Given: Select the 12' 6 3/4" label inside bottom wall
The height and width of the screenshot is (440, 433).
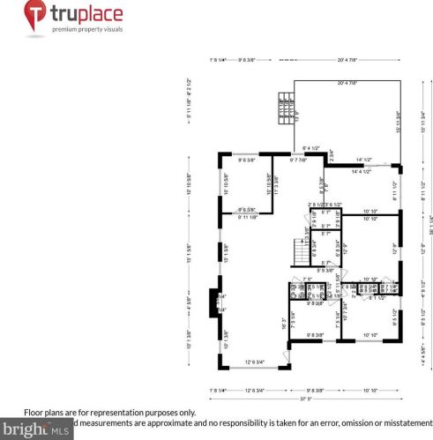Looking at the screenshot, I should point(254,362).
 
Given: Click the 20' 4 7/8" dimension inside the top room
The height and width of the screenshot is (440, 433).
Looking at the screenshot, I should point(347,83).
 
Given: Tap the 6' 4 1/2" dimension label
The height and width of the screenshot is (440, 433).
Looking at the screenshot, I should point(310,148).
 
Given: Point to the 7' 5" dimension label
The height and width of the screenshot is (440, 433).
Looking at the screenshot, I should point(308,280).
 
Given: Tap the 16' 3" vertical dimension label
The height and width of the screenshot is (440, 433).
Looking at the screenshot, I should point(283,323).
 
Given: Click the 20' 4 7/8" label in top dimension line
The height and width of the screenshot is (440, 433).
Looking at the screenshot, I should point(347,60).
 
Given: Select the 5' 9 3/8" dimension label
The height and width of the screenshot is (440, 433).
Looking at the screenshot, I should point(325,270).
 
